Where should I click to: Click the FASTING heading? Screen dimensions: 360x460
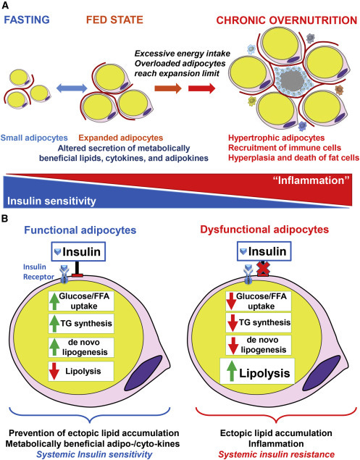tap(27, 20)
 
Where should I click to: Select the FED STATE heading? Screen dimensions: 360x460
tap(114, 20)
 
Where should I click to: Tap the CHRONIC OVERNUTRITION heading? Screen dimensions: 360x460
tap(287, 20)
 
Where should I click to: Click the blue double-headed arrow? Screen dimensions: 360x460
tap(72, 88)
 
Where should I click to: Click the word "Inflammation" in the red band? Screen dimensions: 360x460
tap(311, 180)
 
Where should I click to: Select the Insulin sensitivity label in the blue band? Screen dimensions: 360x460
tap(51, 201)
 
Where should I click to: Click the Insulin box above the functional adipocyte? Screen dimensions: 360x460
tap(78, 251)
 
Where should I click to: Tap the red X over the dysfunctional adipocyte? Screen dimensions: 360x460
tap(263, 269)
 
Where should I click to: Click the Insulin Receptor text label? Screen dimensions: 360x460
tap(38, 272)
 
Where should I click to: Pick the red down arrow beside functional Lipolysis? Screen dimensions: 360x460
tap(54, 372)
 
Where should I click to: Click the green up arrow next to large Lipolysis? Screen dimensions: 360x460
tap(232, 371)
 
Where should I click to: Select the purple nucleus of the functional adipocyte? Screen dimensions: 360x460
tap(143, 372)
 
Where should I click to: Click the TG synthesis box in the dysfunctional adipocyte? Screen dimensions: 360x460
tap(259, 323)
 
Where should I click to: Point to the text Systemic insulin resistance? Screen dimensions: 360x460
tap(276, 454)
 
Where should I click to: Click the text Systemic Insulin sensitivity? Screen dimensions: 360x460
tap(94, 454)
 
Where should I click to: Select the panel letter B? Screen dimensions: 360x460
tap(4, 219)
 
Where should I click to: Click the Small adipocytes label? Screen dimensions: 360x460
tap(34, 138)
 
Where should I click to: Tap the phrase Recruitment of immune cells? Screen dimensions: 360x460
tap(285, 148)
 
